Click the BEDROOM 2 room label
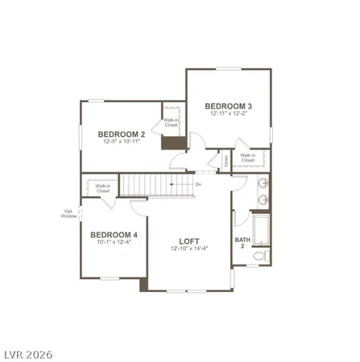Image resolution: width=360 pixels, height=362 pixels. pyautogui.click(x=121, y=134)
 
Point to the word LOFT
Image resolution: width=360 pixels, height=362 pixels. pyautogui.click(x=188, y=241)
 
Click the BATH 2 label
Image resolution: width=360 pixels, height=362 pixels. pyautogui.click(x=241, y=241)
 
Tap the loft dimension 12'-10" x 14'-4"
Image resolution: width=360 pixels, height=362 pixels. pyautogui.click(x=189, y=249)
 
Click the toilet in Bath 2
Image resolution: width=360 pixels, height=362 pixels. pyautogui.click(x=257, y=255)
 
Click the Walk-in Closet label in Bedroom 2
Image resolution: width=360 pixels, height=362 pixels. pyautogui.click(x=171, y=122)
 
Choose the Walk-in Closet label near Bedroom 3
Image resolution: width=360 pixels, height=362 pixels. pyautogui.click(x=247, y=158)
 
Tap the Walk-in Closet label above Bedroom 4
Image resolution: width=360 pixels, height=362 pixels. pyautogui.click(x=102, y=189)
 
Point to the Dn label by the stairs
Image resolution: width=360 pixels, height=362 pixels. pyautogui.click(x=198, y=184)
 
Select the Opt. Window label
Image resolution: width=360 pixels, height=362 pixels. pyautogui.click(x=69, y=214)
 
